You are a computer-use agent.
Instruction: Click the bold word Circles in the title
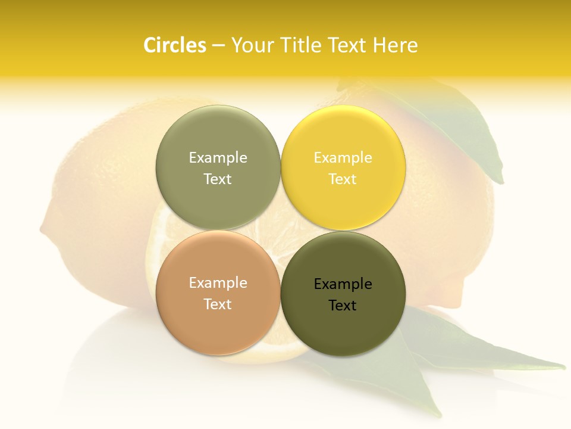174,45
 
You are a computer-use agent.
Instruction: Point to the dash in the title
218,46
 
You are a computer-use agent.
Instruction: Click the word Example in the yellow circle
343,157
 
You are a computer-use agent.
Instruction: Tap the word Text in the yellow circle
343,179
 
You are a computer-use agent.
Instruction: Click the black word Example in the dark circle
343,284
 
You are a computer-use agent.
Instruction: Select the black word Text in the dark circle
343,305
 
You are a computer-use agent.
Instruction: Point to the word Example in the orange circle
218,282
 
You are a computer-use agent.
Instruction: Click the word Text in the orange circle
218,304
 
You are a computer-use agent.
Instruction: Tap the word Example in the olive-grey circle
218,157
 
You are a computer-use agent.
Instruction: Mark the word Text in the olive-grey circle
218,179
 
